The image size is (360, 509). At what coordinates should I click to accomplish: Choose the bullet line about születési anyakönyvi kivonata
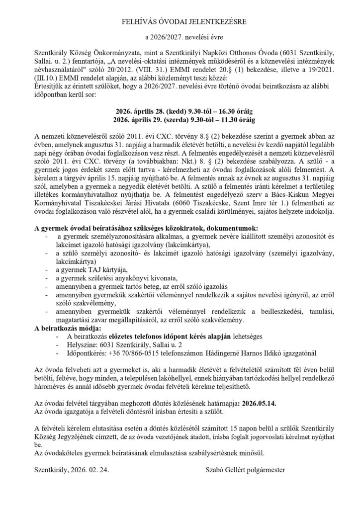[113, 277]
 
